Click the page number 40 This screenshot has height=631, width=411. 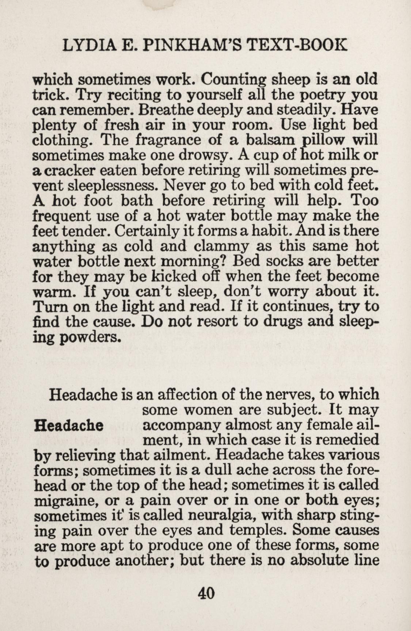tap(206, 593)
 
